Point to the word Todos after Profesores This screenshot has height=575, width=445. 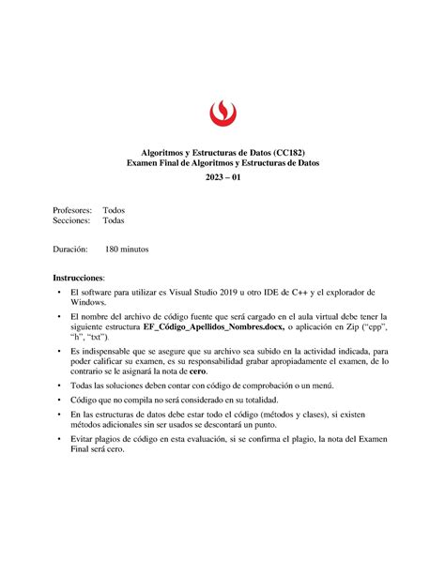tap(114, 210)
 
